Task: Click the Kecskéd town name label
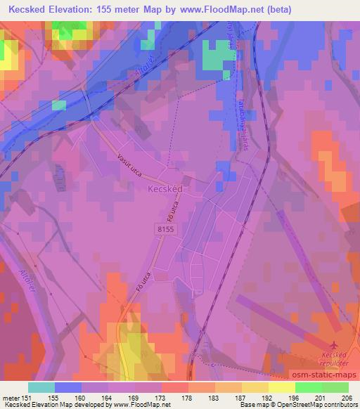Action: pyautogui.click(x=165, y=189)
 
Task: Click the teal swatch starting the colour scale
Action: pyautogui.click(x=42, y=387)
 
